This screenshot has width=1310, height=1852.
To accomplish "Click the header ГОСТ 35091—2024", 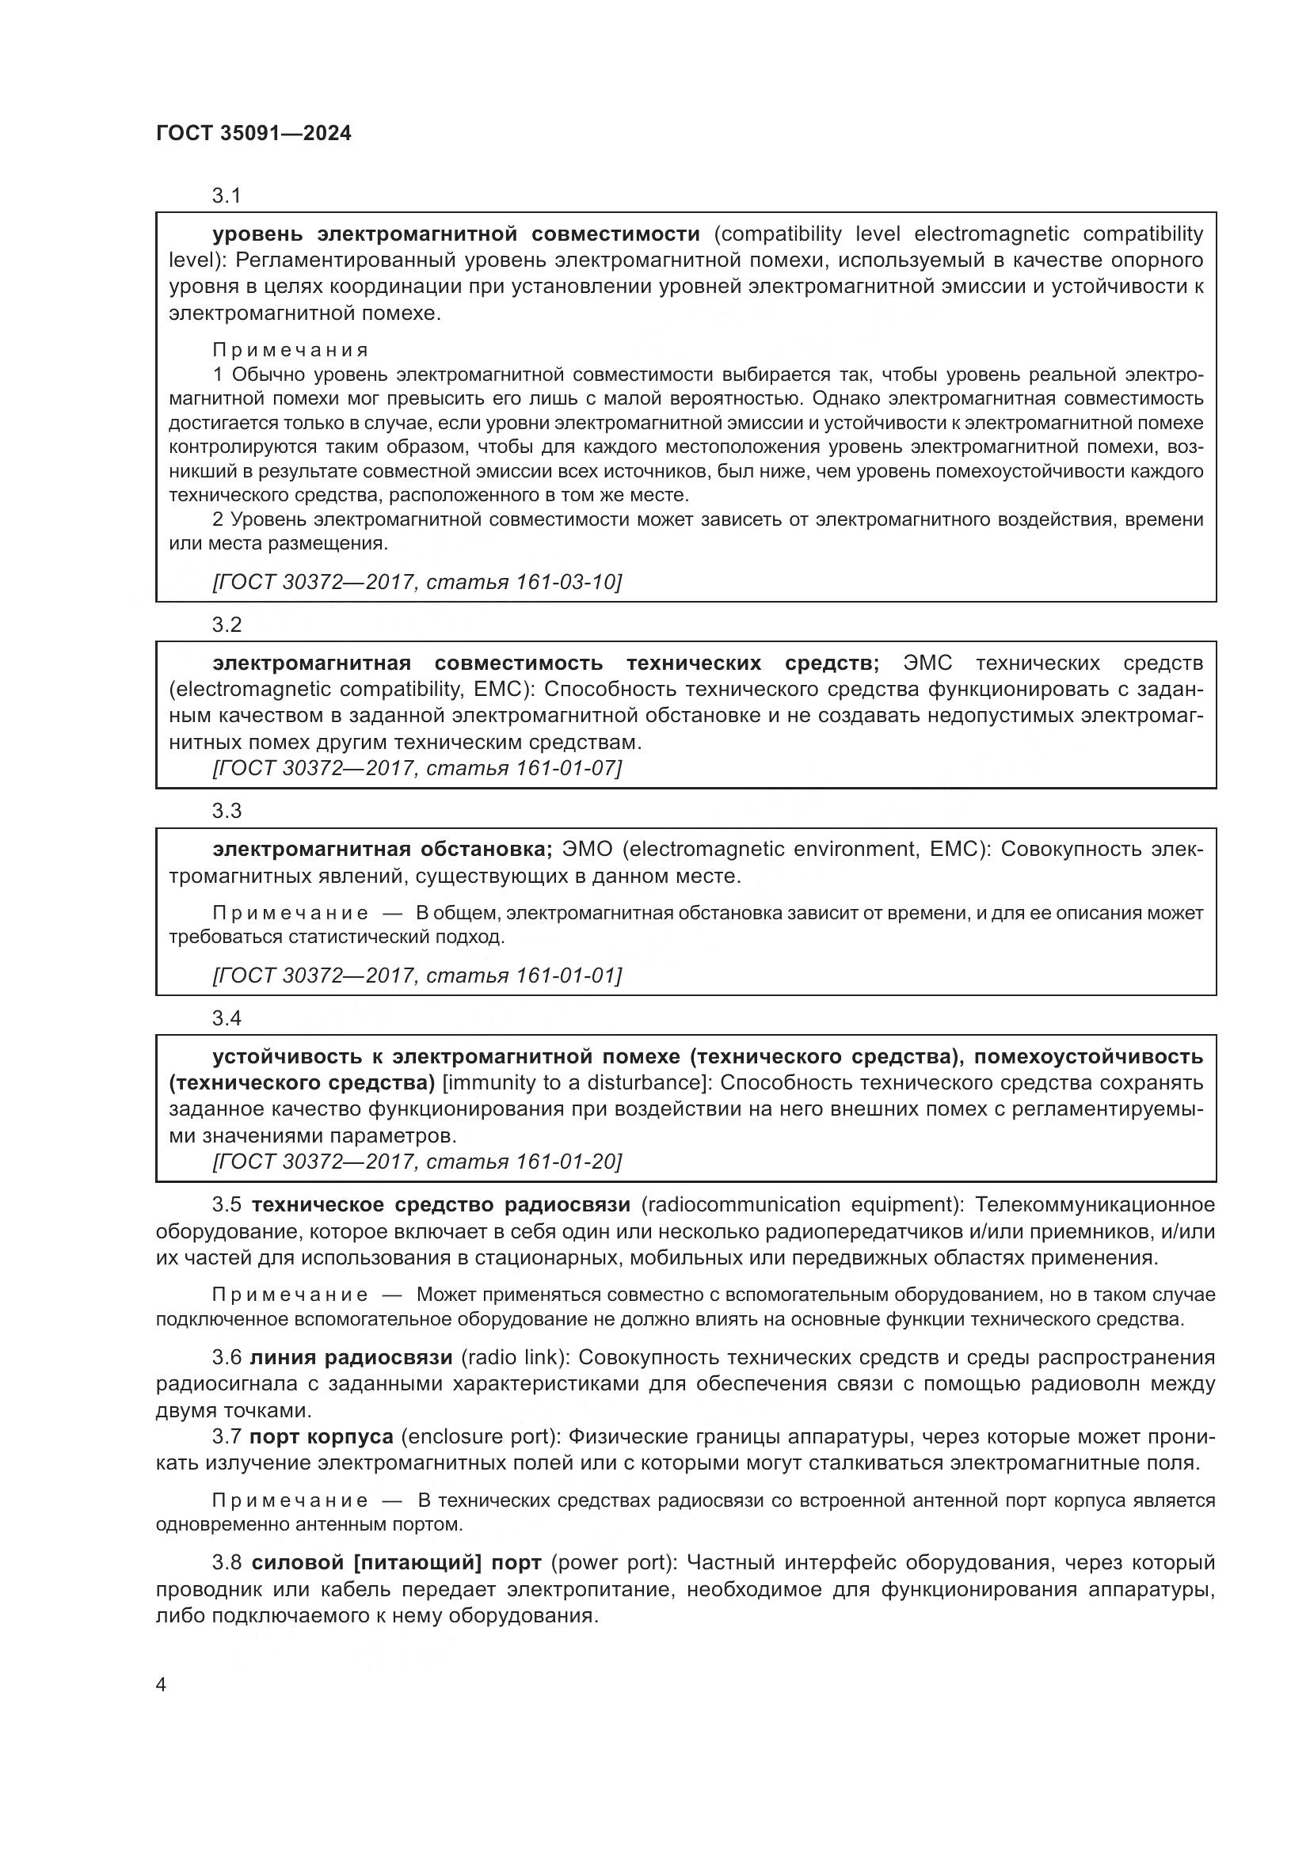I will [x=253, y=133].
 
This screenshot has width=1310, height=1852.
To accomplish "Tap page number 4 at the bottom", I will [x=161, y=1684].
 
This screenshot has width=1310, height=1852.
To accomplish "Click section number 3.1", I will [x=227, y=196].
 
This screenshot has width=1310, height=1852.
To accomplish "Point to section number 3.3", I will [x=227, y=811].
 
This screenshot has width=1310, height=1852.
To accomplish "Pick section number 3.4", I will [x=227, y=1018].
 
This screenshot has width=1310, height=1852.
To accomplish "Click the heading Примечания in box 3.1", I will [x=291, y=350].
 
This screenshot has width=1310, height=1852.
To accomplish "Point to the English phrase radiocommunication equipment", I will [x=801, y=1204].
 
